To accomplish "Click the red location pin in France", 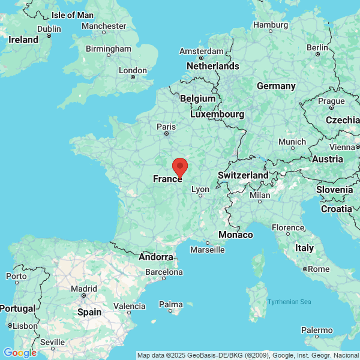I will (x=180, y=166).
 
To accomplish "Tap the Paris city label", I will (x=166, y=127).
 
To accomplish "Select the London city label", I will (x=133, y=70).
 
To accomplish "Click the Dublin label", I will (x=49, y=28).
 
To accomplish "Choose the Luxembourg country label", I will (x=217, y=114).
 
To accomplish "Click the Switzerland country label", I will (x=243, y=175).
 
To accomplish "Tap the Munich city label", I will (x=292, y=142).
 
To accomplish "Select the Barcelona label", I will (x=164, y=272).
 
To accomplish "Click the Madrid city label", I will (x=84, y=288).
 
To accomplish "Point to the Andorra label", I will (x=156, y=257).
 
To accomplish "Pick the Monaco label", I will (x=235, y=235).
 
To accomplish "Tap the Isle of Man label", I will (x=73, y=14).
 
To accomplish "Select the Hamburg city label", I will (x=271, y=25).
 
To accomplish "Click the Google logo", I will (x=20, y=353).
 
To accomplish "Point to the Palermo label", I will (x=317, y=330).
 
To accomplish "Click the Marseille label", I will (x=207, y=250).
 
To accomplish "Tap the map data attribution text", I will (x=248, y=355).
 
